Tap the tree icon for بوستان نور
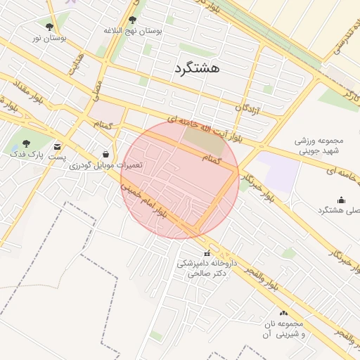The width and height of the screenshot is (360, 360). tap(49, 27)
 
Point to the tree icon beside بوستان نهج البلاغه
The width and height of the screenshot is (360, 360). tap(133, 20)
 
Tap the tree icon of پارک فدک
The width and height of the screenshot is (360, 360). tap(27, 143)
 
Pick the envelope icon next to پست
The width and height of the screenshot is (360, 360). tap(57, 146)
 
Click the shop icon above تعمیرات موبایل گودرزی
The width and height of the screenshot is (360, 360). tap(105, 154)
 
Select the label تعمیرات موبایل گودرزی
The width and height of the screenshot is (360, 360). tap(110, 165)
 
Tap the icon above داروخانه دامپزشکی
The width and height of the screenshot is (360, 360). tap(207, 253)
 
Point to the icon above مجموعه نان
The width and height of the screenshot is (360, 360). tap(283, 313)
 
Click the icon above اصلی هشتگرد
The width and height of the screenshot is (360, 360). tap(342, 200)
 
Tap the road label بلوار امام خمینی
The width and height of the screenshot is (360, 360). tap(145, 201)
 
